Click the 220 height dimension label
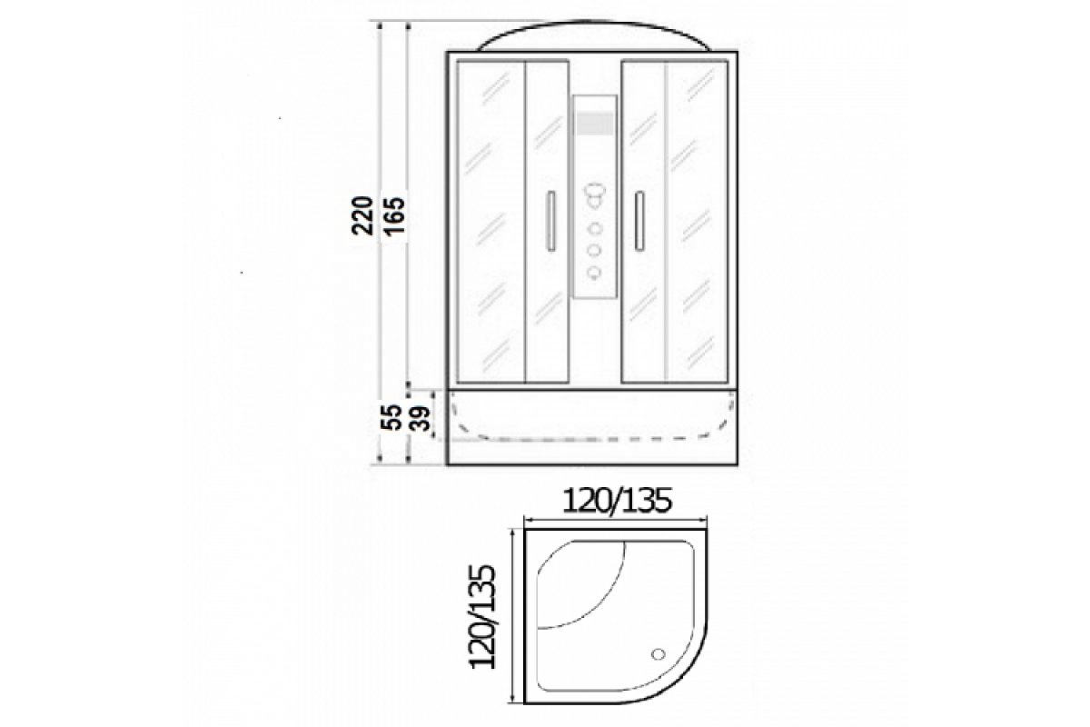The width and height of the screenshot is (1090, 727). (x=362, y=216)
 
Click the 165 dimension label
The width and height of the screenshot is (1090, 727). (x=394, y=216)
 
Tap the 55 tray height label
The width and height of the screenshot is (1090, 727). (x=391, y=417)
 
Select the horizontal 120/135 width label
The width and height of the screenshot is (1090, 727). (x=617, y=501)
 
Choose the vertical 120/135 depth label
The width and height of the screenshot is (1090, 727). (x=481, y=616)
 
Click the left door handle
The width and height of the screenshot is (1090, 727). (x=550, y=221)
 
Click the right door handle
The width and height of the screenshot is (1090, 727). (x=639, y=221)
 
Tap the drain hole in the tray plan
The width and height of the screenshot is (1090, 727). (x=659, y=654)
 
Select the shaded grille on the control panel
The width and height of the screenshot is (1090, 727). (x=595, y=124)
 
